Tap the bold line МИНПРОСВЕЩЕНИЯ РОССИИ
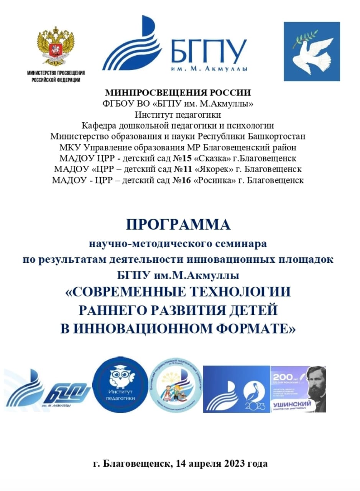[x=178, y=92]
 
